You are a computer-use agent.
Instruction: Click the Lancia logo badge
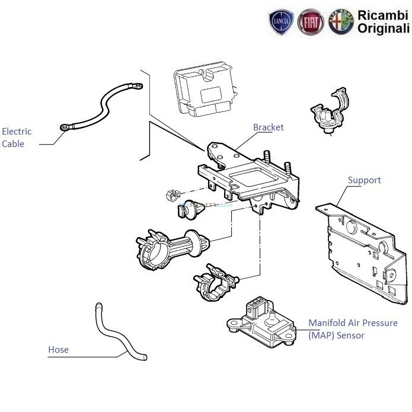coord(282,22)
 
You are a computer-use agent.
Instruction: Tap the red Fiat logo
coord(311,22)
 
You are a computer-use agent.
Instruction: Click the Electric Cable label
coord(17,138)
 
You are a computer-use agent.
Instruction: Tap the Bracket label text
coord(268,127)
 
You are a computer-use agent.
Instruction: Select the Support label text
coord(364,180)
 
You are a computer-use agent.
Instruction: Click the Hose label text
coord(58,350)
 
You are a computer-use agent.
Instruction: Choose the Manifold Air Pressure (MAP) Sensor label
coord(352,329)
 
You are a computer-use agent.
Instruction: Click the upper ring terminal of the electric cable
coord(136,87)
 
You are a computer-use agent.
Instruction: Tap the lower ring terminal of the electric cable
coord(64,126)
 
